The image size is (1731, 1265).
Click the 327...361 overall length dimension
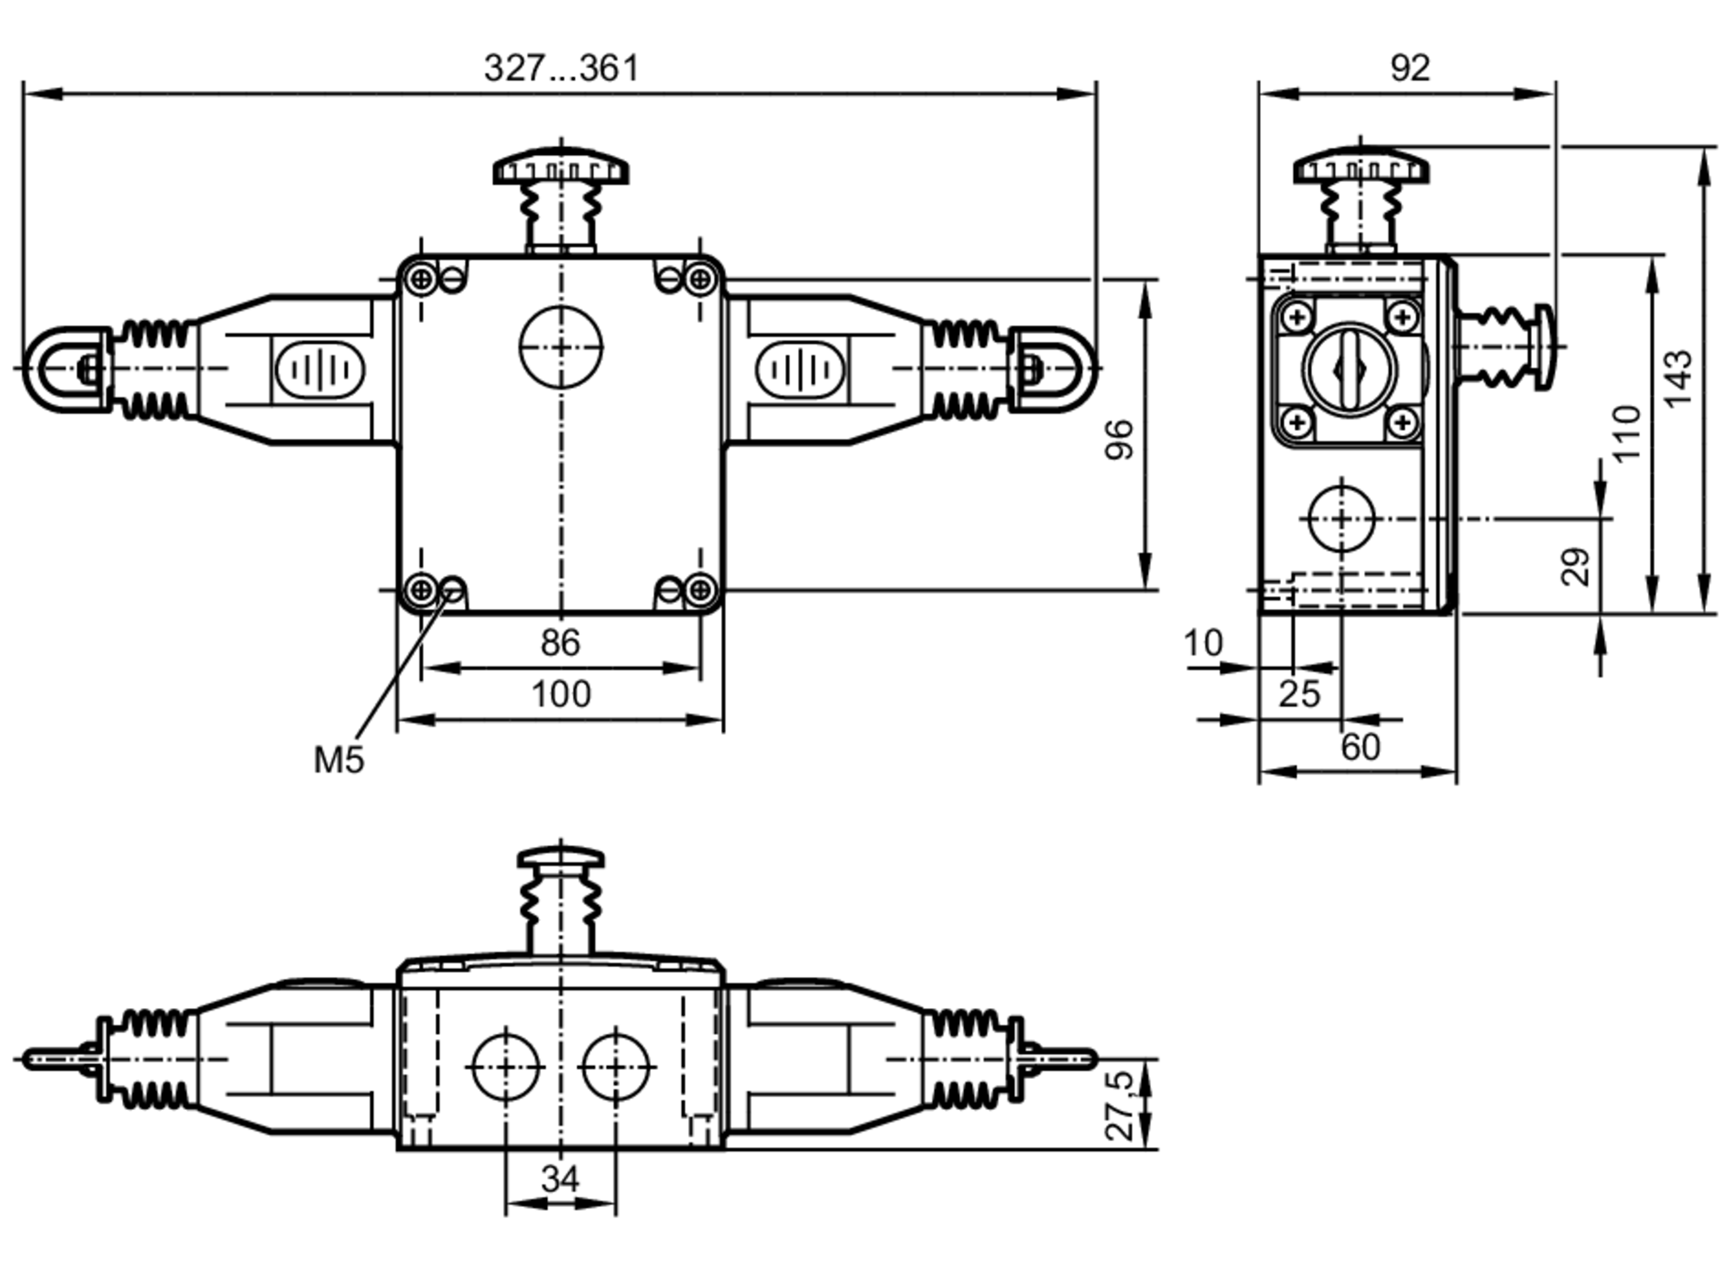[561, 67]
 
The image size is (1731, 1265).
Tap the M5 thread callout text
[339, 760]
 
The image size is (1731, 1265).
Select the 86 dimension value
[560, 643]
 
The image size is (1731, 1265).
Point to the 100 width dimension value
[561, 694]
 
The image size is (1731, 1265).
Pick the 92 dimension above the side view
[1410, 67]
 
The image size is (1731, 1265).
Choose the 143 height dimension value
[1677, 378]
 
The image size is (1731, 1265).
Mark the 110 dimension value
[1626, 433]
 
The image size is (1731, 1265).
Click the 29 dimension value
[1576, 567]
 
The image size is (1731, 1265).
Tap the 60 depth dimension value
[1361, 747]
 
